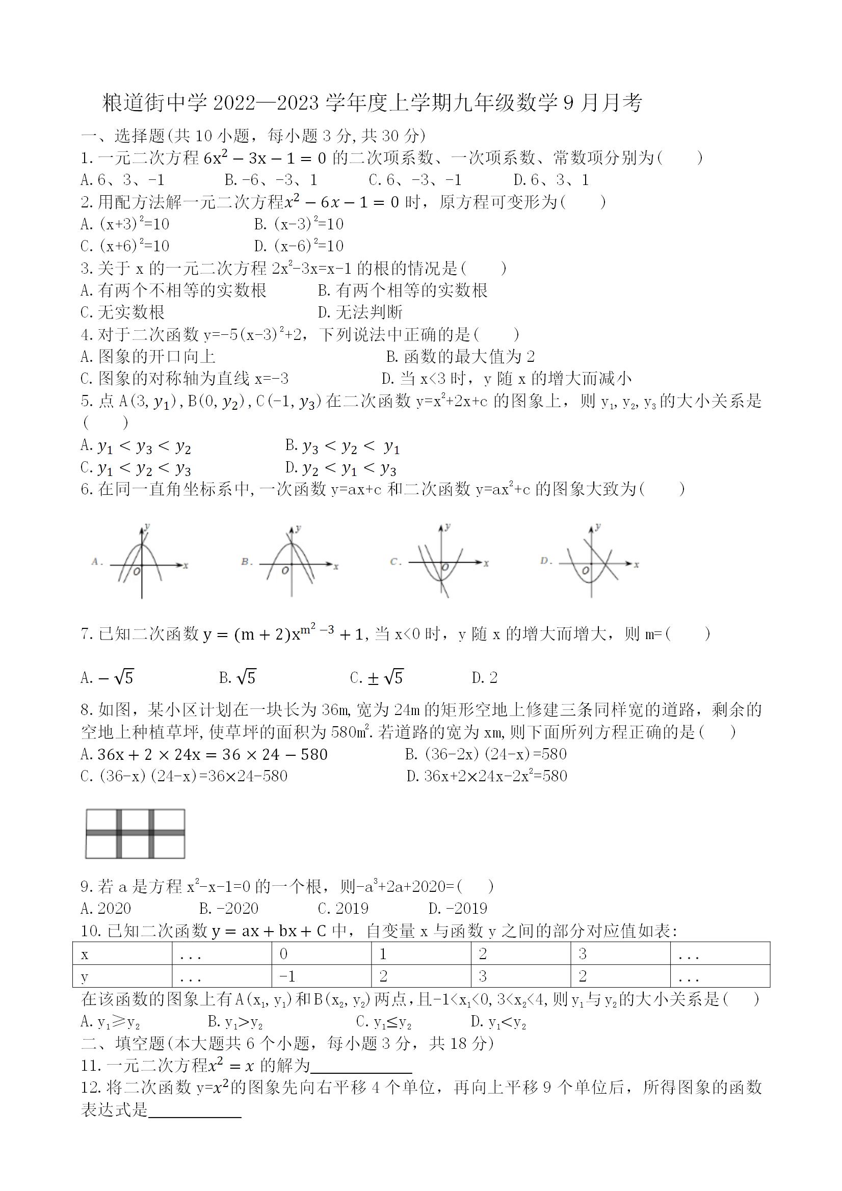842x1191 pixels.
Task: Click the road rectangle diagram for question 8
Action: click(x=135, y=834)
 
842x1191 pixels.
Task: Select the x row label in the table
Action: click(x=122, y=954)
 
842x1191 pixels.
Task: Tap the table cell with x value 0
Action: click(x=321, y=954)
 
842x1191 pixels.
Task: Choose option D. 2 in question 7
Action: click(x=485, y=677)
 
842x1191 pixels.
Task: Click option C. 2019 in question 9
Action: click(x=343, y=908)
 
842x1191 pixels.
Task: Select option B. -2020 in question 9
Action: click(x=229, y=908)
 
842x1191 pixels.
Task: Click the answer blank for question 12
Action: click(x=195, y=1111)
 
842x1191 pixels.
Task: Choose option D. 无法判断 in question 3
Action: click(x=360, y=312)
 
